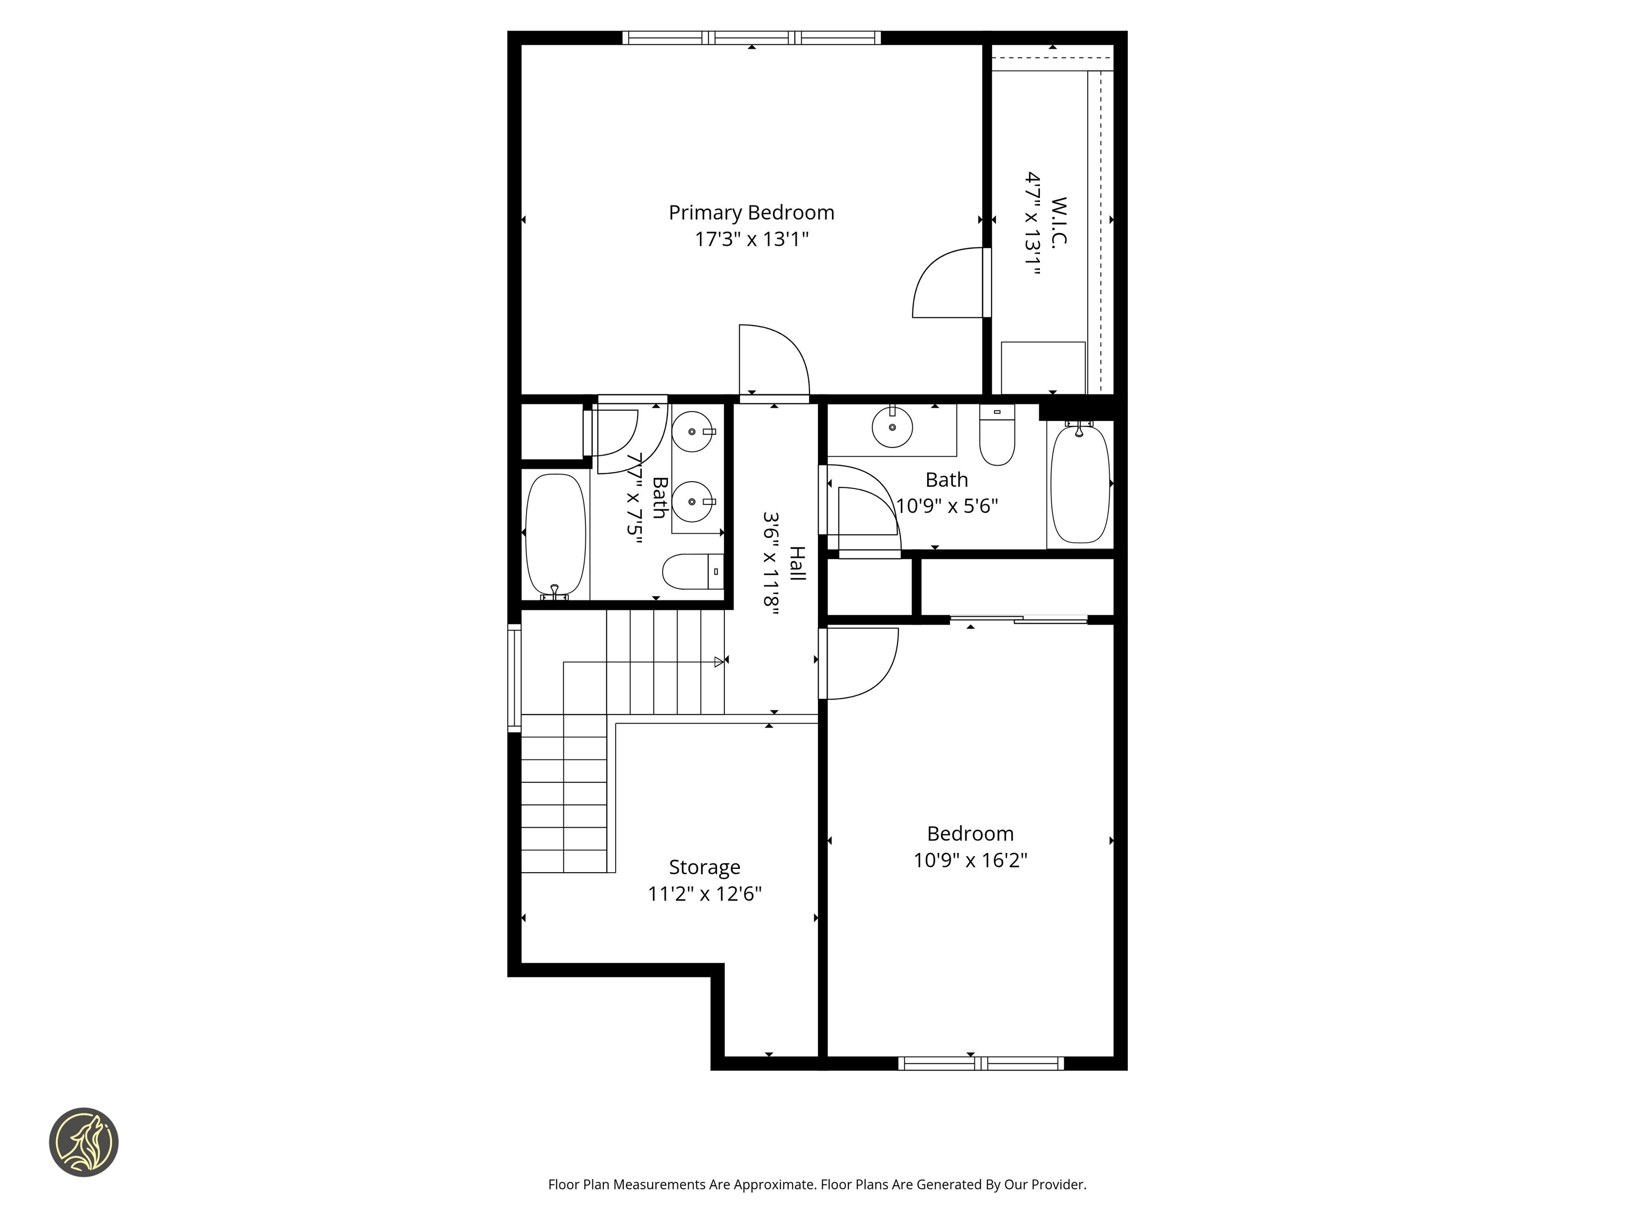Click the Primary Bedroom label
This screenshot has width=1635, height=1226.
[x=751, y=213]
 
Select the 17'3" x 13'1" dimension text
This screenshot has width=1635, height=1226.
[x=751, y=239]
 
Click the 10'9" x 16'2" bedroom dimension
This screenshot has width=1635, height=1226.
[x=970, y=860]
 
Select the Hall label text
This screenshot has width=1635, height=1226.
[x=797, y=563]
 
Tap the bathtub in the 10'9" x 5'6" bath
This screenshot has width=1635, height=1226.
[x=1080, y=485]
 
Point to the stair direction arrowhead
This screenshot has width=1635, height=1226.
[x=719, y=662]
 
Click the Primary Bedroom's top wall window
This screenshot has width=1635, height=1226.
[x=751, y=38]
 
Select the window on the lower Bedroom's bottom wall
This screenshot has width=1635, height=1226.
[x=981, y=1063]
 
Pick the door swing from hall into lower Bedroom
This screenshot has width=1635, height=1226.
[x=861, y=663]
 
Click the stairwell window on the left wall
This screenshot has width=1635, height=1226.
[x=514, y=678]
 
